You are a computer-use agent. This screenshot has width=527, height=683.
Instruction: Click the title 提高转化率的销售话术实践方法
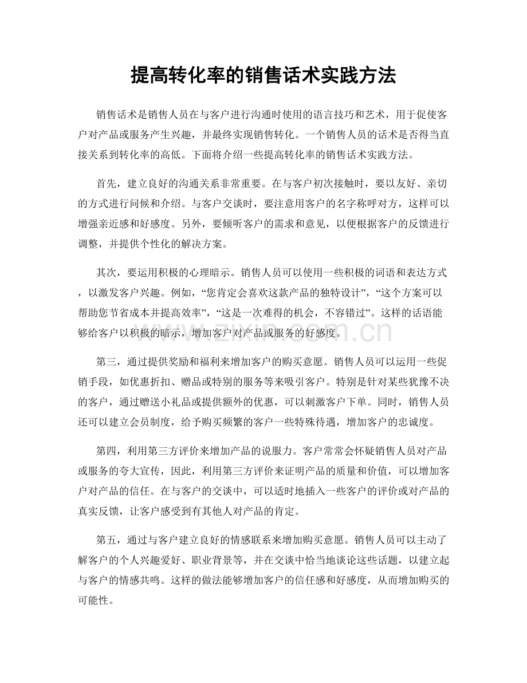pos(263,75)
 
